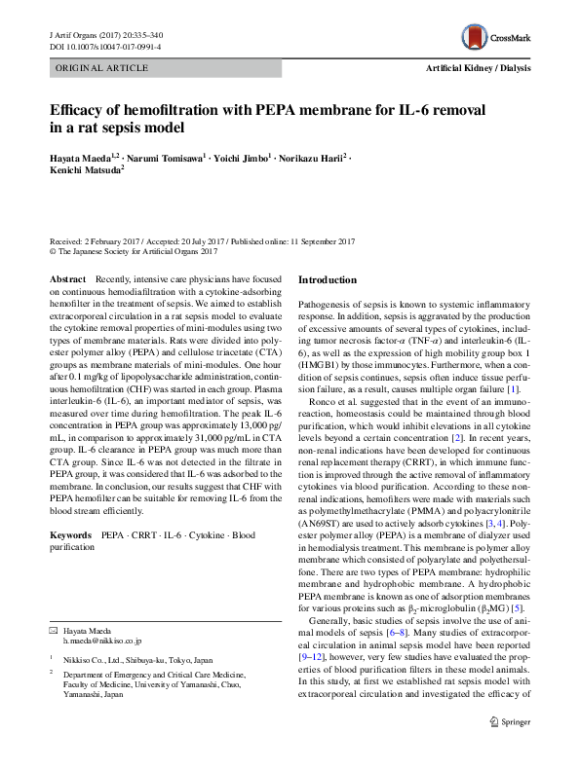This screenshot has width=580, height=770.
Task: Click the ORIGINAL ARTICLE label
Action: click(101, 68)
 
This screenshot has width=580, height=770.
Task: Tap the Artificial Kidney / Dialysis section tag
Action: click(479, 68)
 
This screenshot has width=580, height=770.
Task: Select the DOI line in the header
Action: click(105, 46)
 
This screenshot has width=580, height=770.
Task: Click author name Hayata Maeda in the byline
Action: click(78, 157)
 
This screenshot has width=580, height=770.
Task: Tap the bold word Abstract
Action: click(66, 279)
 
